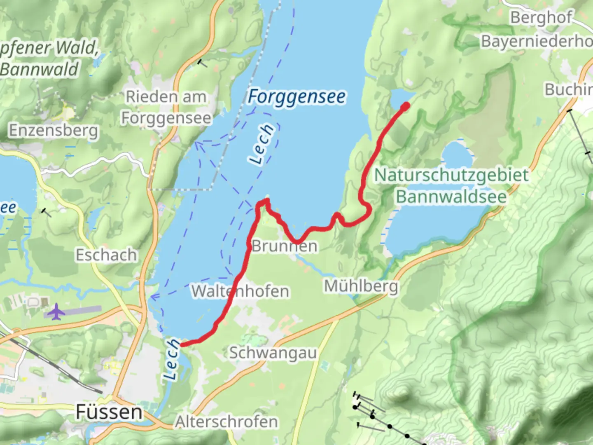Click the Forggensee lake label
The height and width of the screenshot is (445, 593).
296,97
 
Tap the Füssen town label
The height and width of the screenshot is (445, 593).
109,412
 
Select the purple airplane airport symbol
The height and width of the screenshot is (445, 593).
56,311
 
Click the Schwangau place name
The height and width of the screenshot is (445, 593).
273,353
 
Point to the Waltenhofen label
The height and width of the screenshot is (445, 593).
240,291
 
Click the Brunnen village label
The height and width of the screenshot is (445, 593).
285,246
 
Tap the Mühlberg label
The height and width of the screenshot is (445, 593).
361,286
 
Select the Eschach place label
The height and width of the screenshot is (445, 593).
106,255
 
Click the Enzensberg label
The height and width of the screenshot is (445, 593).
54,130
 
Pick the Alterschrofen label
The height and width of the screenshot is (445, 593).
226,422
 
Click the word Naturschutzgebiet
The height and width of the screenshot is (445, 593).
451,175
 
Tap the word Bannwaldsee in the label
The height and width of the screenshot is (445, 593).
451,197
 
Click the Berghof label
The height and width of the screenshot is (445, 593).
541,18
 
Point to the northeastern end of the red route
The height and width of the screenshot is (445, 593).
405,107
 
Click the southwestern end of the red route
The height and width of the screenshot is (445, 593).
182,344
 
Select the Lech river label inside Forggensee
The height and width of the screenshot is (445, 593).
262,144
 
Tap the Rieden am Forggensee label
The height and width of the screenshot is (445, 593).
166,107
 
